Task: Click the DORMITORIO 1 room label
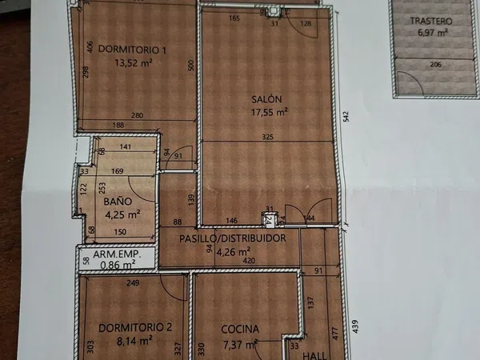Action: (x=132, y=50)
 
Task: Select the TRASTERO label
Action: (x=431, y=21)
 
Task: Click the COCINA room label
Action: (x=240, y=330)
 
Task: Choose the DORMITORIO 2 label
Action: (x=135, y=328)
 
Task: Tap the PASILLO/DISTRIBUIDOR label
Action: (x=233, y=238)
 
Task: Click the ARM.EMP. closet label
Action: (x=117, y=254)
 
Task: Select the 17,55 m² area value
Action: (x=269, y=112)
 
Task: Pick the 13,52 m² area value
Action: (x=134, y=62)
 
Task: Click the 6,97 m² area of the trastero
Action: (x=433, y=32)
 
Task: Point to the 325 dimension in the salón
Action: (x=267, y=137)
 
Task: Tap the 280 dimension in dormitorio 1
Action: (x=137, y=115)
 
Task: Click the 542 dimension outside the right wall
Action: (x=346, y=117)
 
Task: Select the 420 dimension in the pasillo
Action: (x=249, y=261)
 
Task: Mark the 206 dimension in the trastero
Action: (x=436, y=65)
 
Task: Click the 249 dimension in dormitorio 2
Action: (x=133, y=283)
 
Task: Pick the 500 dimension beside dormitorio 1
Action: (x=191, y=66)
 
